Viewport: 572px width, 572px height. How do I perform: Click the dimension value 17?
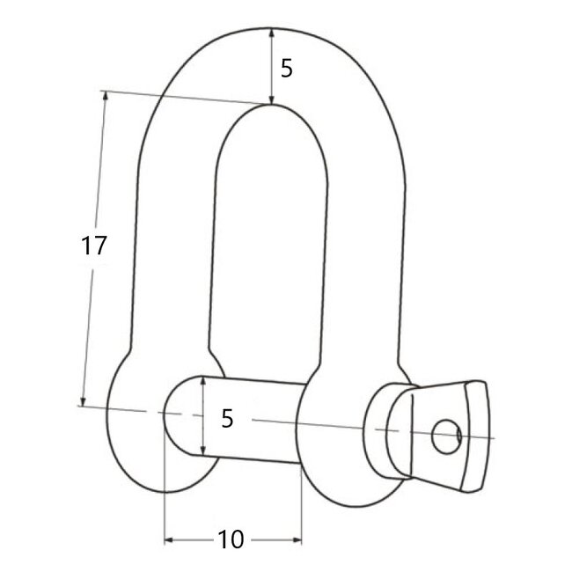tap(94, 246)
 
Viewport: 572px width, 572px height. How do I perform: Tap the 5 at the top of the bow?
tap(286, 68)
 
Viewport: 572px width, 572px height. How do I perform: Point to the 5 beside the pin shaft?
tap(228, 420)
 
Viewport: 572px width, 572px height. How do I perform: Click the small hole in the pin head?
tap(447, 433)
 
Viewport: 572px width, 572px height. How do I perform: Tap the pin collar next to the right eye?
tap(388, 429)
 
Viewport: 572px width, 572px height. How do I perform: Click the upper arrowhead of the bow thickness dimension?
tap(270, 33)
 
